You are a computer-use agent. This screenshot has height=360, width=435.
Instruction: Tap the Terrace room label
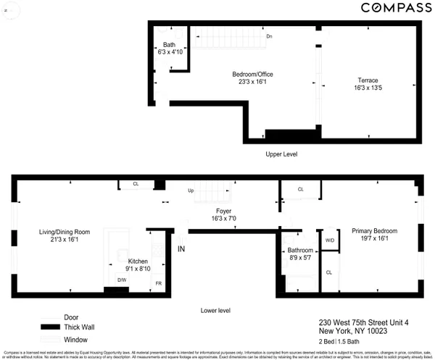(368, 80)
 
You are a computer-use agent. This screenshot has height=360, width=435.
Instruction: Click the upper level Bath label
(168, 45)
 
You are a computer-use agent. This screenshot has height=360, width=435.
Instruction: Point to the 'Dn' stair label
(269, 36)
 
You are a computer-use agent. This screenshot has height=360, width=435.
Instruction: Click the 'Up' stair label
(191, 191)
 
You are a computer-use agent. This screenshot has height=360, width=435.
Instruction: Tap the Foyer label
(224, 211)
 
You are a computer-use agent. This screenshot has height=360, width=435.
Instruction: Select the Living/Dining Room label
(65, 232)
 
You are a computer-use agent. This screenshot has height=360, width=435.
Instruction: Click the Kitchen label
(138, 261)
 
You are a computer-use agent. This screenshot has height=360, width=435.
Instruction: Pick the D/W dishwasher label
(122, 279)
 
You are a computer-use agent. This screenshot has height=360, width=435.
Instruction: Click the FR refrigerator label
(158, 282)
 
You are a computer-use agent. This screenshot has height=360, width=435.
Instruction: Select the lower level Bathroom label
(301, 251)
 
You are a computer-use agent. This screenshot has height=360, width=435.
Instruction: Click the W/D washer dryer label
(329, 240)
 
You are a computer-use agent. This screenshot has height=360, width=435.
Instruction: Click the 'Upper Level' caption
(281, 154)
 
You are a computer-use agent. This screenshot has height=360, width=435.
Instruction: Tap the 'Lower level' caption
(215, 310)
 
